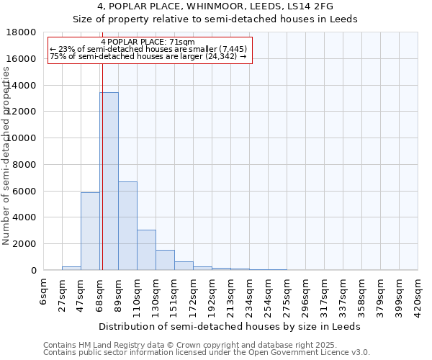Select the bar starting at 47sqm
click(x=90, y=231)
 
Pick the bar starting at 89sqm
click(x=127, y=225)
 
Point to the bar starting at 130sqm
click(x=165, y=260)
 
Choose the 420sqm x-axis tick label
click(x=418, y=294)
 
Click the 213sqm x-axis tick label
click(x=231, y=294)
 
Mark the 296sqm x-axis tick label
click(x=305, y=294)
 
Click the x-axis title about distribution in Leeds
click(x=230, y=326)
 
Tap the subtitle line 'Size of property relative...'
click(x=215, y=19)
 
